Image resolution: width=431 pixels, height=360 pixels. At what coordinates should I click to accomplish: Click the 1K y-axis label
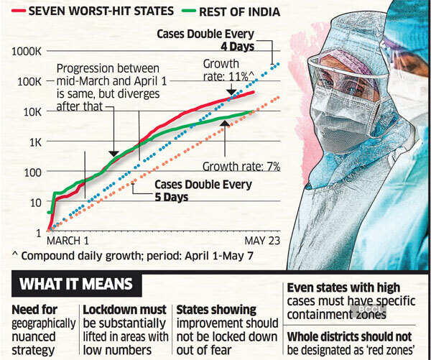(x=33, y=142)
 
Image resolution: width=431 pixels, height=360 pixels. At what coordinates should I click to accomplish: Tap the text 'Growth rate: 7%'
(x=241, y=166)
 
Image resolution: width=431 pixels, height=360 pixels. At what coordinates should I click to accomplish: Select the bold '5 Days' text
(x=172, y=196)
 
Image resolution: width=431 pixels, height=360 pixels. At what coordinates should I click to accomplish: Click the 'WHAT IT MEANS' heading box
(x=76, y=284)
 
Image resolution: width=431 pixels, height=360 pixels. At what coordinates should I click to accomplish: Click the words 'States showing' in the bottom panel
(x=216, y=310)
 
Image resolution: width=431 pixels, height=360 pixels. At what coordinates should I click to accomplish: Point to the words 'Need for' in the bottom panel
(x=34, y=310)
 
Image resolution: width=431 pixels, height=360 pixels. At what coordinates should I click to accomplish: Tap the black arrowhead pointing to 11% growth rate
(x=231, y=91)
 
